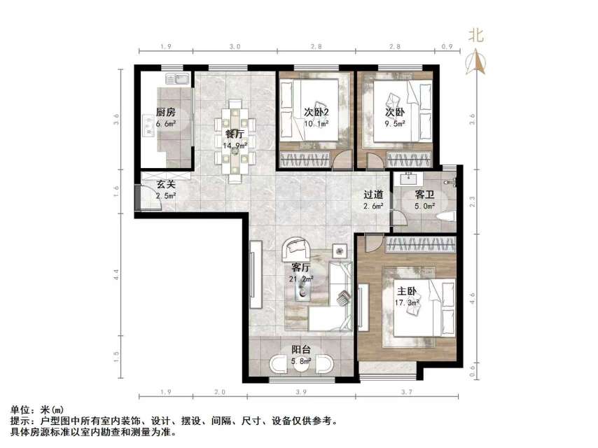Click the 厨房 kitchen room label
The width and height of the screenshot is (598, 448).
pyautogui.click(x=165, y=112)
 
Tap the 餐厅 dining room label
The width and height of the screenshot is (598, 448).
pyautogui.click(x=234, y=134)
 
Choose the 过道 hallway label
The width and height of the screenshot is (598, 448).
pyautogui.click(x=373, y=195)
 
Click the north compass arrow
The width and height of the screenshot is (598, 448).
pyautogui.click(x=477, y=63)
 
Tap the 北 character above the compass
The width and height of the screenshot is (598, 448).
pyautogui.click(x=476, y=35)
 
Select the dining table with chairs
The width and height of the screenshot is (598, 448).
pyautogui.click(x=235, y=137)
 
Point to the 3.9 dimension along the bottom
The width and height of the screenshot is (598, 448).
pyautogui.click(x=300, y=392)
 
